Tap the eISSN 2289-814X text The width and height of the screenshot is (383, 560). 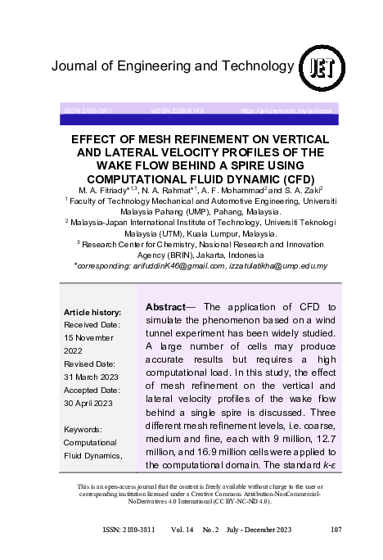177,110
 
